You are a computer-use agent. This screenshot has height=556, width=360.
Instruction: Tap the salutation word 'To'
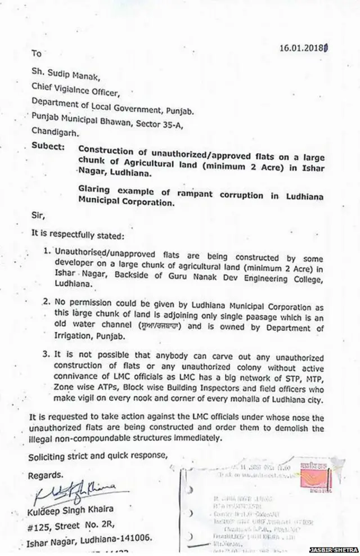tap(37, 55)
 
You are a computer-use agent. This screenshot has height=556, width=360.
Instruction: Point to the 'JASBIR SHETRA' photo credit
tap(335, 549)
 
